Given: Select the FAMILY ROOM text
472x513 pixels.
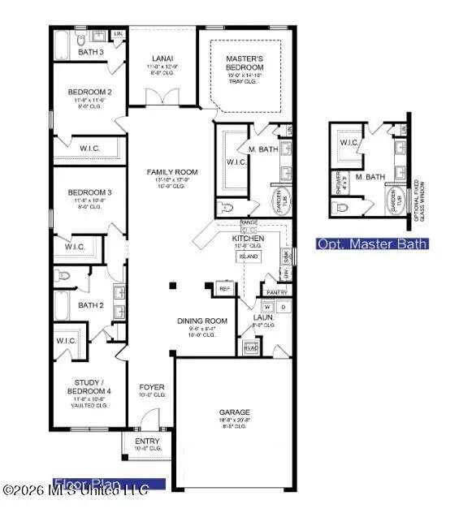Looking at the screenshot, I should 172,172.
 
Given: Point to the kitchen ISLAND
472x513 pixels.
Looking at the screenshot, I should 248,256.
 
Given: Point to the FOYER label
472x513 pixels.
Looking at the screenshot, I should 152,387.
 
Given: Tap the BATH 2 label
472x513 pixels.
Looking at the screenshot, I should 90,305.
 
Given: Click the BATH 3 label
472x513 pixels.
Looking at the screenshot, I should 91,52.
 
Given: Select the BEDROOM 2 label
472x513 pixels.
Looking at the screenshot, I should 89,92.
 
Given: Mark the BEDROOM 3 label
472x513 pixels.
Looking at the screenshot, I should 89,192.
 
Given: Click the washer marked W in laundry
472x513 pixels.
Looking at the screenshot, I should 266,308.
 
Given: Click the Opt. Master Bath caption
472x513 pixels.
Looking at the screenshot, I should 371,244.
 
